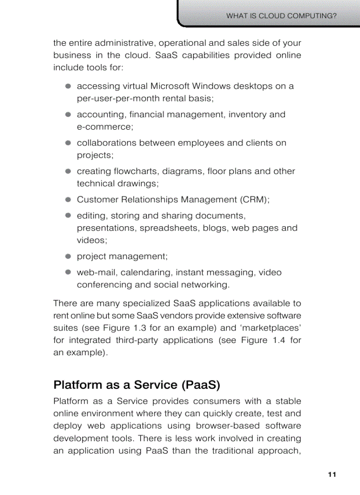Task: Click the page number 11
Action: coord(332,474)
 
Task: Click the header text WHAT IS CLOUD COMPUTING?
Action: coord(281,16)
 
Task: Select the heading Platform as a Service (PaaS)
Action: coord(137,385)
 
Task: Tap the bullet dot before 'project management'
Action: coord(68,256)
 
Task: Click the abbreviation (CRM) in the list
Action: coord(255,200)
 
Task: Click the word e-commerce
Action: coord(105,127)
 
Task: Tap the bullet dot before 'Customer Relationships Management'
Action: coord(68,199)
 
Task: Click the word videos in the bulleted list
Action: coord(91,241)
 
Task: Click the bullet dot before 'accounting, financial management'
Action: coord(68,114)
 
